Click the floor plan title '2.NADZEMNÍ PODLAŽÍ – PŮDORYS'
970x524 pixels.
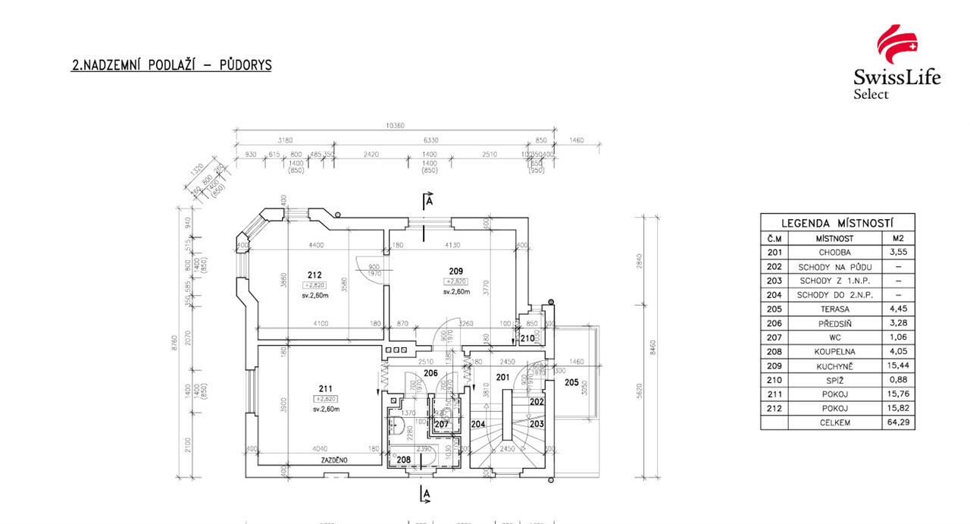click(171, 66)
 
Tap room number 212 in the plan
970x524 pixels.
click(315, 275)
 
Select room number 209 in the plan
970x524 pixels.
click(456, 271)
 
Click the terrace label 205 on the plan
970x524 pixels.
click(571, 382)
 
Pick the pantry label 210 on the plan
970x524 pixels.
click(527, 338)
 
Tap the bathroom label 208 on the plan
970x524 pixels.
click(404, 460)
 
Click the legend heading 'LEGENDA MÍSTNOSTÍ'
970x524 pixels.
click(837, 223)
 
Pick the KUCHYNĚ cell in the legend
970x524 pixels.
click(834, 366)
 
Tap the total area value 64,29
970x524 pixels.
click(898, 422)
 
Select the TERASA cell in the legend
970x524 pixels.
click(834, 309)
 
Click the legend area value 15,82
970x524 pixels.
click(898, 409)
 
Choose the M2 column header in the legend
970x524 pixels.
click(898, 238)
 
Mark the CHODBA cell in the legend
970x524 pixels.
click(834, 253)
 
